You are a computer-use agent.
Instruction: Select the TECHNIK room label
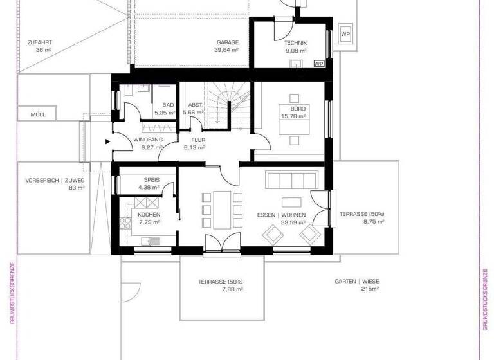[x=295, y=43]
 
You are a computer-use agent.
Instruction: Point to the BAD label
[x=168, y=105]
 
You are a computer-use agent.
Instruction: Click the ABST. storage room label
[x=196, y=105]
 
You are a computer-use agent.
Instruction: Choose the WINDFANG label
[x=147, y=139]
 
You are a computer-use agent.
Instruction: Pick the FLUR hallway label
[x=197, y=139]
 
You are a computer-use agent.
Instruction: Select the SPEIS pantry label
[x=152, y=181]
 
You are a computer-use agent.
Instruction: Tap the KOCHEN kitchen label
[x=149, y=215]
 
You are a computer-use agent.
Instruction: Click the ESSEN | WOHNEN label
[x=281, y=215]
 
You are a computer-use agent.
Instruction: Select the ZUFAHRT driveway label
[x=39, y=42]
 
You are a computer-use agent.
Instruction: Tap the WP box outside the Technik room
[x=345, y=34]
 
